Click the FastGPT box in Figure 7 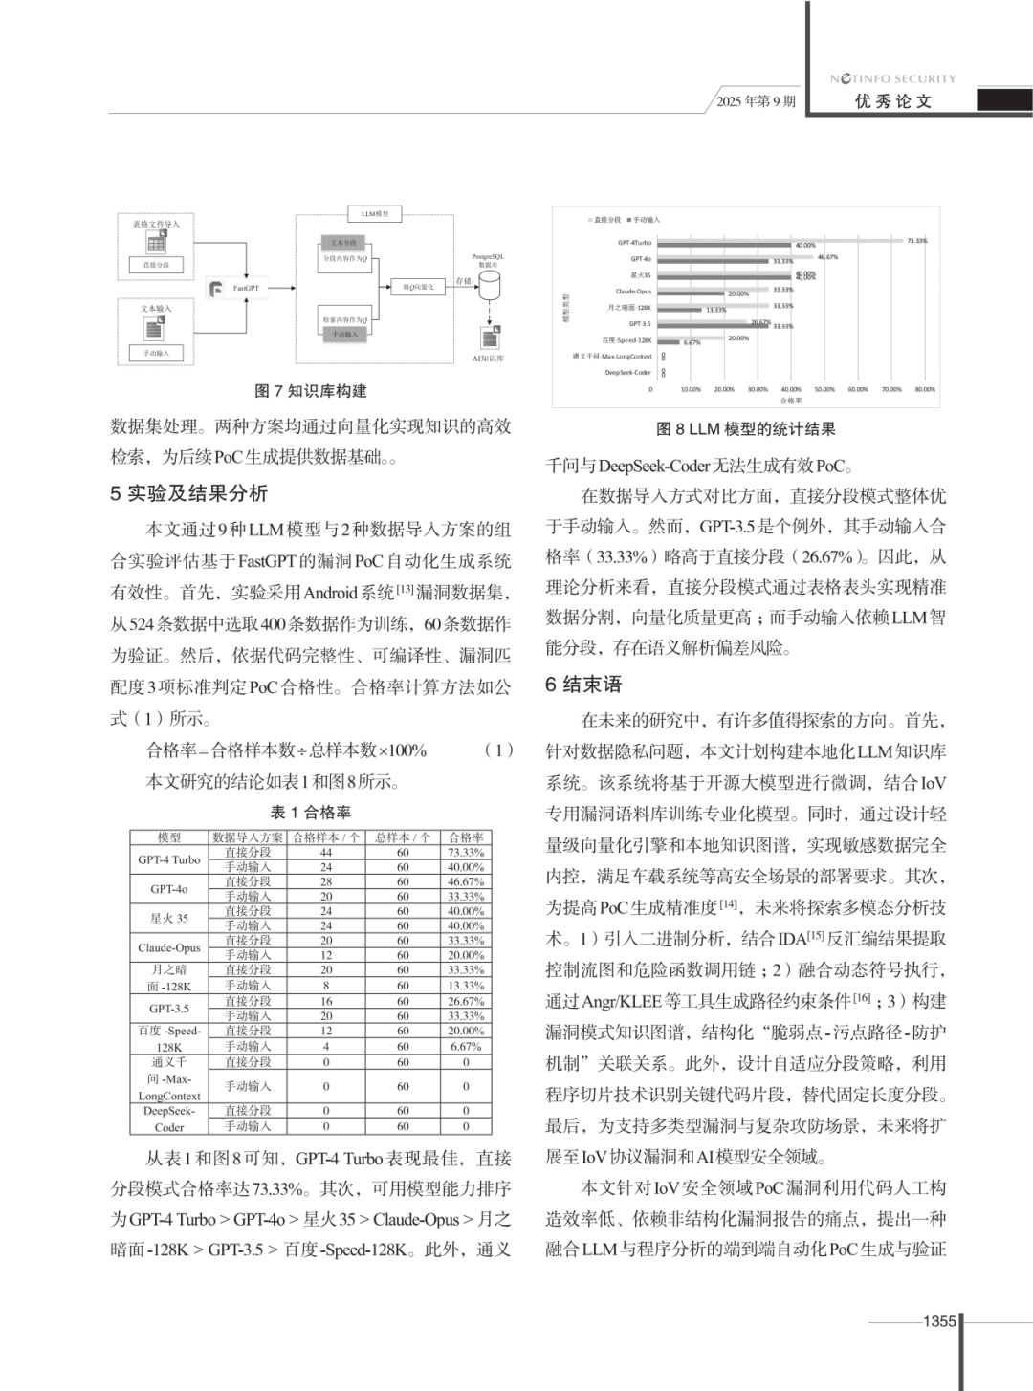tap(239, 288)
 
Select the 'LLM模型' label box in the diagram tap(374, 214)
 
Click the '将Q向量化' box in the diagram tap(418, 287)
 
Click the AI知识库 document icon tap(489, 337)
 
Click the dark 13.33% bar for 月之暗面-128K tap(680, 310)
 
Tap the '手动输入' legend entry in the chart tap(644, 220)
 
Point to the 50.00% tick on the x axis tap(824, 389)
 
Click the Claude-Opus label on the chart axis tap(633, 292)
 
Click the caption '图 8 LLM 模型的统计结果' tap(746, 429)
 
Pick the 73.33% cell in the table tap(466, 852)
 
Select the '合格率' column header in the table tap(466, 837)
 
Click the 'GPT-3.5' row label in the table tap(169, 1009)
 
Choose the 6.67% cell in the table tap(466, 1047)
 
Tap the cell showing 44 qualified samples tap(326, 852)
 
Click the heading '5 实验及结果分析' tap(188, 493)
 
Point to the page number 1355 tap(939, 1321)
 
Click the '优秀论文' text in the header tap(893, 101)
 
